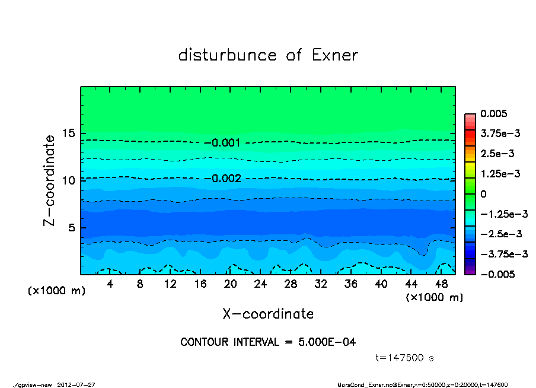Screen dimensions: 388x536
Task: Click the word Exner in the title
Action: [x=334, y=56]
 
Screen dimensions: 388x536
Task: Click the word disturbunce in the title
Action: [x=227, y=56]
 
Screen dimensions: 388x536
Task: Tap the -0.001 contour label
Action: [x=225, y=143]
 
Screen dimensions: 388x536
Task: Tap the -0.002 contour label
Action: [x=225, y=179]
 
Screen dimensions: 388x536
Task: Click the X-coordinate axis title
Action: [x=268, y=314]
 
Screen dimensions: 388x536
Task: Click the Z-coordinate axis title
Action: [x=50, y=180]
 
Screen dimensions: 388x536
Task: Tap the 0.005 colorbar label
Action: [x=494, y=113]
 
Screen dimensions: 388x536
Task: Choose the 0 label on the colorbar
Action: [x=483, y=194]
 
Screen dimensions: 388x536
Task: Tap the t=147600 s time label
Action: [x=406, y=358]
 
